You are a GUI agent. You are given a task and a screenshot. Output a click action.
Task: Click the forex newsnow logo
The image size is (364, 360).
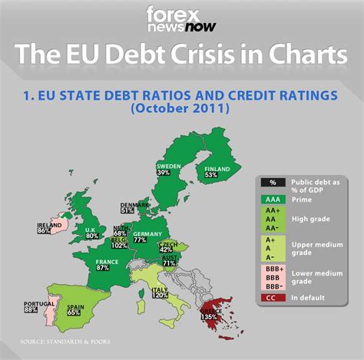pos(182,20)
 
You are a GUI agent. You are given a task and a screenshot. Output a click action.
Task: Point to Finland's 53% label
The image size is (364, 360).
pos(212,172)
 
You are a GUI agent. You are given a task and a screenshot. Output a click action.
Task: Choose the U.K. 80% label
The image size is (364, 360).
pos(91,233)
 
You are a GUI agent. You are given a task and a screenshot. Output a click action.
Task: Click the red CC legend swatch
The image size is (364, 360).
pos(273,297)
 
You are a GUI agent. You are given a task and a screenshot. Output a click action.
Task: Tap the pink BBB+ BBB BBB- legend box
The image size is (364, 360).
pos(273,276)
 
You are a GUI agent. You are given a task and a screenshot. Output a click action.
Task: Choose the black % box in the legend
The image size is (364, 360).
pos(273,182)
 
